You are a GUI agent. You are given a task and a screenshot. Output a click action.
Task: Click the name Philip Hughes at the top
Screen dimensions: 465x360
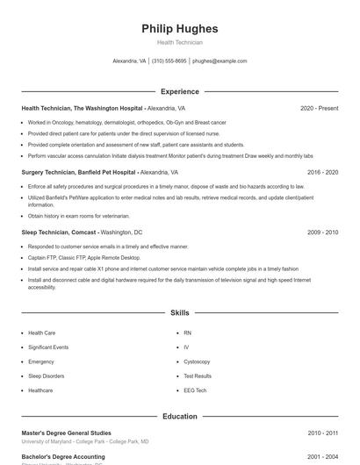[x=179, y=29]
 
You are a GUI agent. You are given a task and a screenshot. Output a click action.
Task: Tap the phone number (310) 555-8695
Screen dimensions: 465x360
[x=169, y=61]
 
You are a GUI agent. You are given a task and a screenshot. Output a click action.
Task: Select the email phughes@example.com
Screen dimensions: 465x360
[x=220, y=61]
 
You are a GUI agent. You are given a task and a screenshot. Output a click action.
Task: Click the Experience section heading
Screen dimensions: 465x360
[x=179, y=91]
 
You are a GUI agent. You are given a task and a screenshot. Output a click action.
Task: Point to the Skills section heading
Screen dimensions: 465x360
[x=179, y=312]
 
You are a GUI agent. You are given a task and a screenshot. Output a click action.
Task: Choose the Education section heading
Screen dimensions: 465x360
[x=179, y=417]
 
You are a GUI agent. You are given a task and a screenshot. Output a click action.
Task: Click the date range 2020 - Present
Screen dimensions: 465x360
[x=319, y=108]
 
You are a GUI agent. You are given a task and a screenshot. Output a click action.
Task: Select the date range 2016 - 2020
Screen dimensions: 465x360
[x=322, y=173]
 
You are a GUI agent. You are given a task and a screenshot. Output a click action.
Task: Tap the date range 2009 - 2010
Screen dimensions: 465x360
[x=322, y=232]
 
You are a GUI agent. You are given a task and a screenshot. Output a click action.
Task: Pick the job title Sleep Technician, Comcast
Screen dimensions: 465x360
[x=59, y=232]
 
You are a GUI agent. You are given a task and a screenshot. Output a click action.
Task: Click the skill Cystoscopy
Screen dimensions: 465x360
[x=197, y=361]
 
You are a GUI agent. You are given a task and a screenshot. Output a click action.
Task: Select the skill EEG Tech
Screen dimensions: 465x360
[x=195, y=390]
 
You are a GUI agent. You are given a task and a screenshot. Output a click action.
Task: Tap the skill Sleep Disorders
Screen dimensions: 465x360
[x=47, y=376]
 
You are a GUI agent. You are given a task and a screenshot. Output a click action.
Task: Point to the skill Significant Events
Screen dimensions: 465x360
[x=48, y=347]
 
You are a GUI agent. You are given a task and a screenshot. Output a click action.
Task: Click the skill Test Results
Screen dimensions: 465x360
[x=197, y=376]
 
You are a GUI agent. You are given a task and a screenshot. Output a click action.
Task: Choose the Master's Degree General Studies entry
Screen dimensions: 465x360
[x=66, y=433]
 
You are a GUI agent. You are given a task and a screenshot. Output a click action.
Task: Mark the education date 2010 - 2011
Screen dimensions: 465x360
[x=322, y=433]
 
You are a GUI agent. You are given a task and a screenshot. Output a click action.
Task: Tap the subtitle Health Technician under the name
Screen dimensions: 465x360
[x=179, y=42]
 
